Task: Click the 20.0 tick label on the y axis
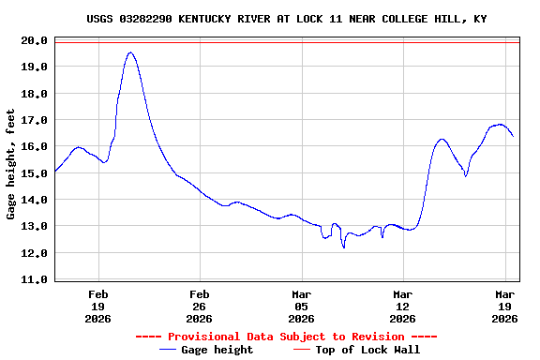(35, 40)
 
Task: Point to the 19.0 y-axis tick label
(35, 67)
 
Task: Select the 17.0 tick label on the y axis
(35, 120)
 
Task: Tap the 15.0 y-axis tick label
(35, 173)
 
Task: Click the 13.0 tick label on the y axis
(35, 227)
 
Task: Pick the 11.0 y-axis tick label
(35, 279)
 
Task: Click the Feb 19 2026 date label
(97, 307)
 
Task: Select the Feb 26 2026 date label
(199, 307)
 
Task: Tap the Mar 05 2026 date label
(301, 307)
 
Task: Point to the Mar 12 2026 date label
(402, 307)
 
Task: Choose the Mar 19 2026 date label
(504, 307)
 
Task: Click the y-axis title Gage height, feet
(11, 164)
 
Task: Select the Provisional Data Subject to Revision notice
(286, 337)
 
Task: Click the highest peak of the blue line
(131, 52)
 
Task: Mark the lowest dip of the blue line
(344, 247)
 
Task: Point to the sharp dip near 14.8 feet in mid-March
(466, 176)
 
